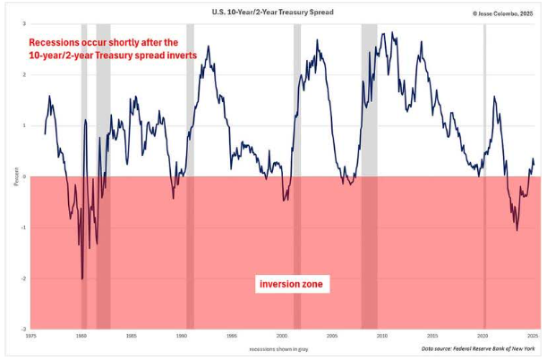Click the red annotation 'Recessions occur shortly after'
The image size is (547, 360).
tap(104, 42)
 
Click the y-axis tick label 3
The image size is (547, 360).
tap(24, 24)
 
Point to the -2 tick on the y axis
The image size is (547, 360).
tap(23, 279)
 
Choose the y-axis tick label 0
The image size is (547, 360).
tap(24, 176)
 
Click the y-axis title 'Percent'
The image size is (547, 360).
tap(15, 176)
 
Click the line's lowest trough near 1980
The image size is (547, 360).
tap(82, 279)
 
